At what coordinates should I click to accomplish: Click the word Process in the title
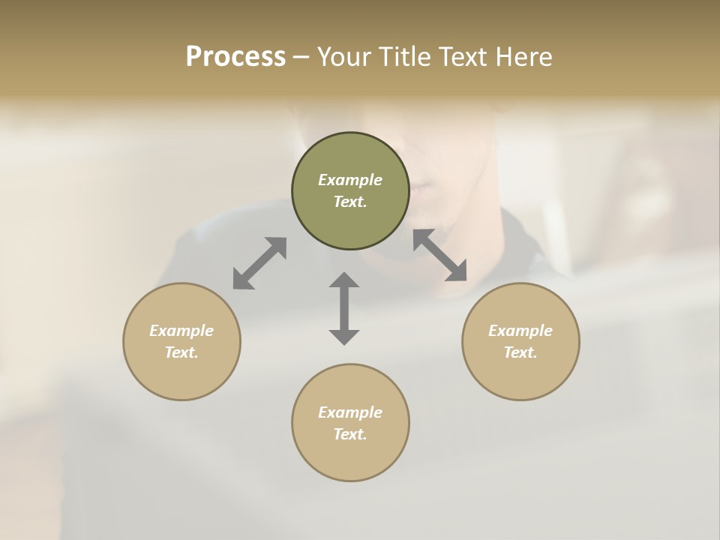(x=235, y=57)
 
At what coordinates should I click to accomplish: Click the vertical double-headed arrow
(x=344, y=308)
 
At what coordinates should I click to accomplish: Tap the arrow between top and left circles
(x=259, y=263)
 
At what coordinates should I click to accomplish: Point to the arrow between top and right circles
(x=440, y=255)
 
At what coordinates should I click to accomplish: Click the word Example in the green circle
(x=350, y=180)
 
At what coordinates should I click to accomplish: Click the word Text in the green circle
(x=350, y=202)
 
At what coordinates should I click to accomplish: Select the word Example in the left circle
(x=181, y=331)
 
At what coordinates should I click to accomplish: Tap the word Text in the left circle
(x=181, y=352)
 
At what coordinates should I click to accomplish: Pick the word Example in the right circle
(x=520, y=331)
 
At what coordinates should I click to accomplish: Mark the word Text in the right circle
(x=520, y=352)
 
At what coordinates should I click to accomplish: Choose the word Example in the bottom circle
(x=350, y=412)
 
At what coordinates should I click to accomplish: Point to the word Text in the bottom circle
(x=350, y=434)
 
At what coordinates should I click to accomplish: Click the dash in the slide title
(x=301, y=58)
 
